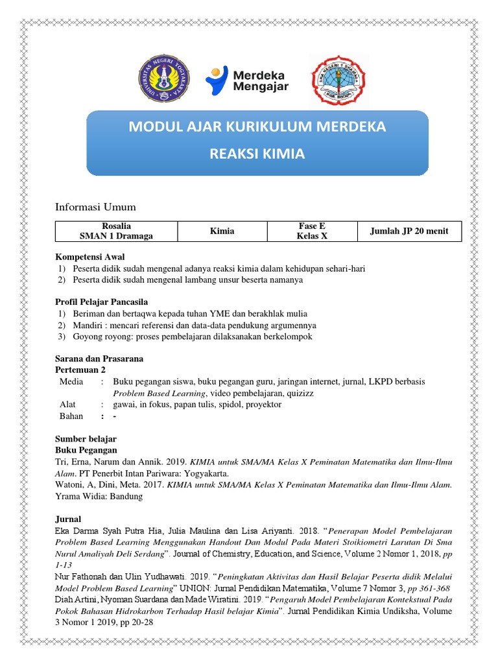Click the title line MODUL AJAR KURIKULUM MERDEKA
pyautogui.click(x=257, y=126)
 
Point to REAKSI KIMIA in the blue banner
pyautogui.click(x=257, y=155)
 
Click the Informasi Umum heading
pyautogui.click(x=95, y=207)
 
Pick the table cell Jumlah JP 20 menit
pyautogui.click(x=409, y=231)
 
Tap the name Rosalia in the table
pyautogui.click(x=116, y=226)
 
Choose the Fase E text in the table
pyautogui.click(x=311, y=226)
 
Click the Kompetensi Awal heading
pyautogui.click(x=89, y=257)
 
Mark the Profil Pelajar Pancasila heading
pyautogui.click(x=101, y=302)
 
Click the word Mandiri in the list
pyautogui.click(x=87, y=325)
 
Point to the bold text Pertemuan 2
pyautogui.click(x=80, y=370)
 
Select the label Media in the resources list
pyautogui.click(x=71, y=382)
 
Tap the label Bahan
pyautogui.click(x=71, y=416)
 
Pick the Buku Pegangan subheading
pyautogui.click(x=86, y=449)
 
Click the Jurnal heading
pyautogui.click(x=68, y=519)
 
